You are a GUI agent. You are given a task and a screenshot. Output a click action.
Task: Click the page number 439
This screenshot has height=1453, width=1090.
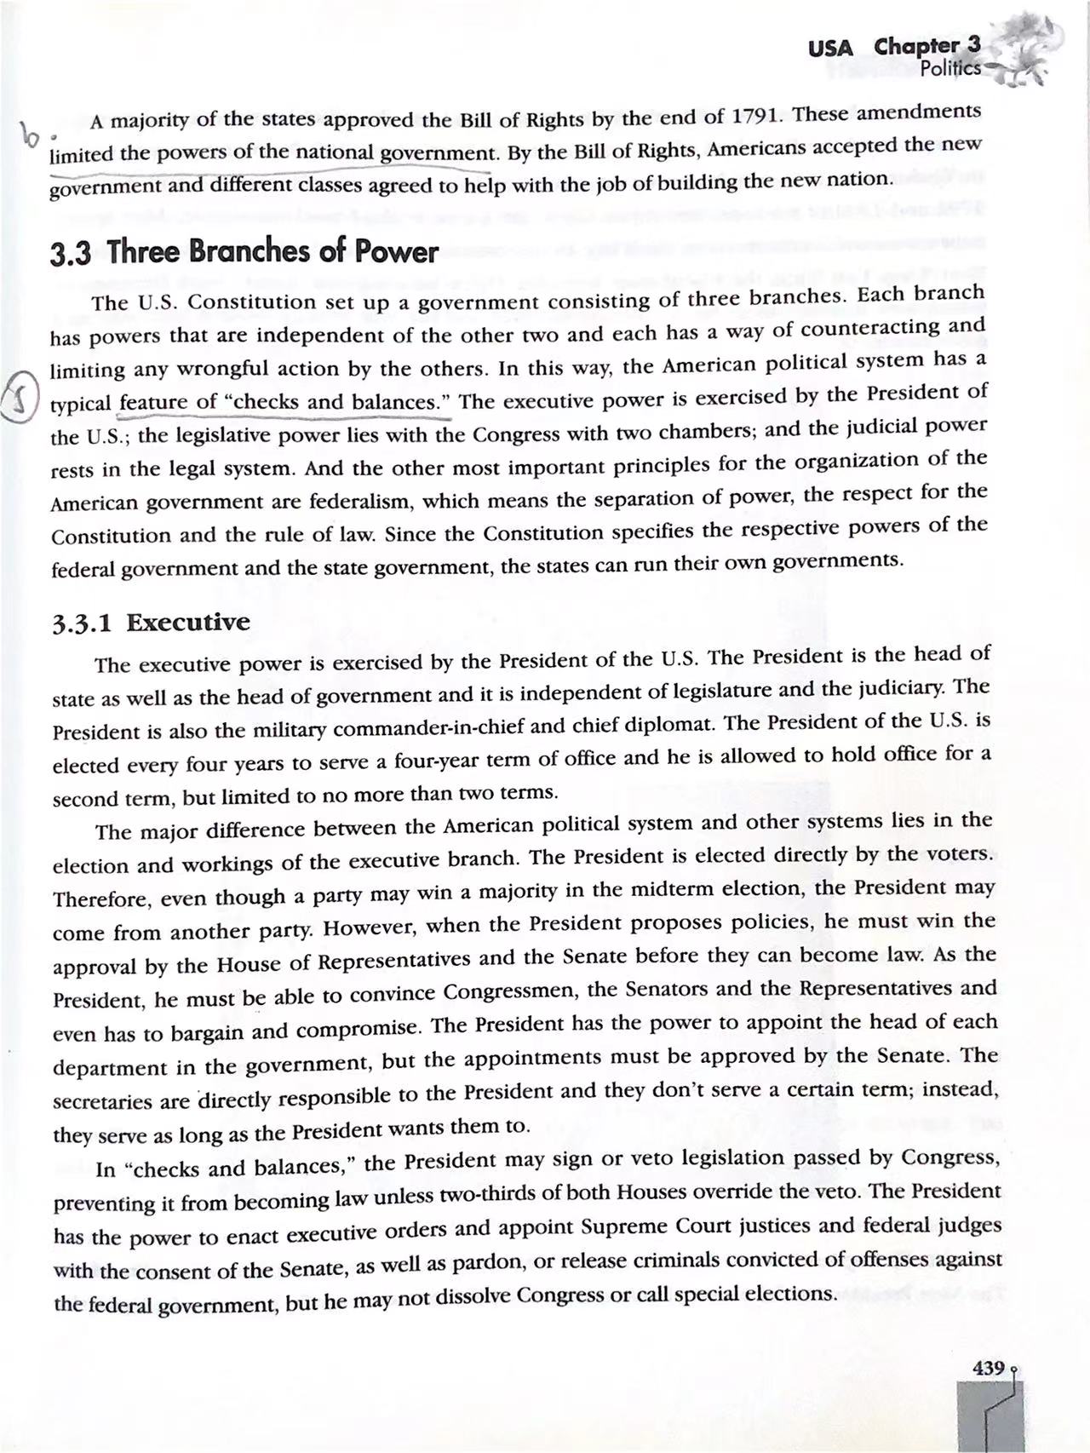tap(988, 1368)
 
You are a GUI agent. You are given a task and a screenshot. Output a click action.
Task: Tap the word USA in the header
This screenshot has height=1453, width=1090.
tap(830, 48)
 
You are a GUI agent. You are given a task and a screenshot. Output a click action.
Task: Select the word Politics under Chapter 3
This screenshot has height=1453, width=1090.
tap(950, 68)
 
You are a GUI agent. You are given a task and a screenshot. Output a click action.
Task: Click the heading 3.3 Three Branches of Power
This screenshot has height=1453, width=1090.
tap(244, 252)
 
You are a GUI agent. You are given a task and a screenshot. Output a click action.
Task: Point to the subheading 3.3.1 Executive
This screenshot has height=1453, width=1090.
tap(152, 623)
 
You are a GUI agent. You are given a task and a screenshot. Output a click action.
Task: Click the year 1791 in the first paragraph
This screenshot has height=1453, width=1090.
tap(760, 116)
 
